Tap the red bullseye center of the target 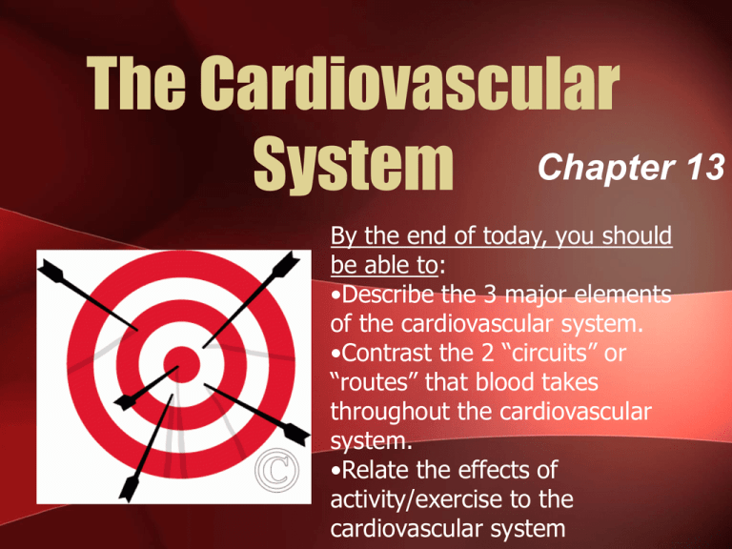click(178, 361)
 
